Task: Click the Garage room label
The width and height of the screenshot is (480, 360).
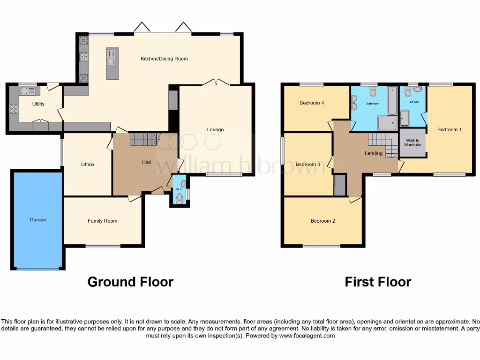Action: tap(38, 219)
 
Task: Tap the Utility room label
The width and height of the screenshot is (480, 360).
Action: tap(38, 104)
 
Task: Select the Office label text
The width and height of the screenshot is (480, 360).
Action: tap(87, 164)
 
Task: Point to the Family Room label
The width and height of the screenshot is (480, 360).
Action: tap(102, 221)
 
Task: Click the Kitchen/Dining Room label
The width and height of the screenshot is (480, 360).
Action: tap(164, 59)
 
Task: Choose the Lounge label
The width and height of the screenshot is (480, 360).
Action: tap(216, 129)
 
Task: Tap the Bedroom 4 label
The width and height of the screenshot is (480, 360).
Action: tap(312, 103)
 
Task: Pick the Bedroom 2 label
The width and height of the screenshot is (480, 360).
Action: tap(322, 221)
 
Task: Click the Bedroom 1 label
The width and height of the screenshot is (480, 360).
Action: tap(450, 129)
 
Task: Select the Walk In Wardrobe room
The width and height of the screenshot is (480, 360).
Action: tap(412, 142)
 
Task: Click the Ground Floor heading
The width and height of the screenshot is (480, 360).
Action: tap(130, 282)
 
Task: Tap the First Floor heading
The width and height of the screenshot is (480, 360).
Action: tap(378, 282)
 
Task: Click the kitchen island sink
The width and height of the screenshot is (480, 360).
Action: tap(112, 59)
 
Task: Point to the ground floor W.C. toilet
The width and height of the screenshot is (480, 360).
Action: tap(180, 198)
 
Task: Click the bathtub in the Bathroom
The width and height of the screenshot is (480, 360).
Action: tap(392, 101)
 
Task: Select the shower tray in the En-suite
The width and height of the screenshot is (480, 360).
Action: tap(404, 118)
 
